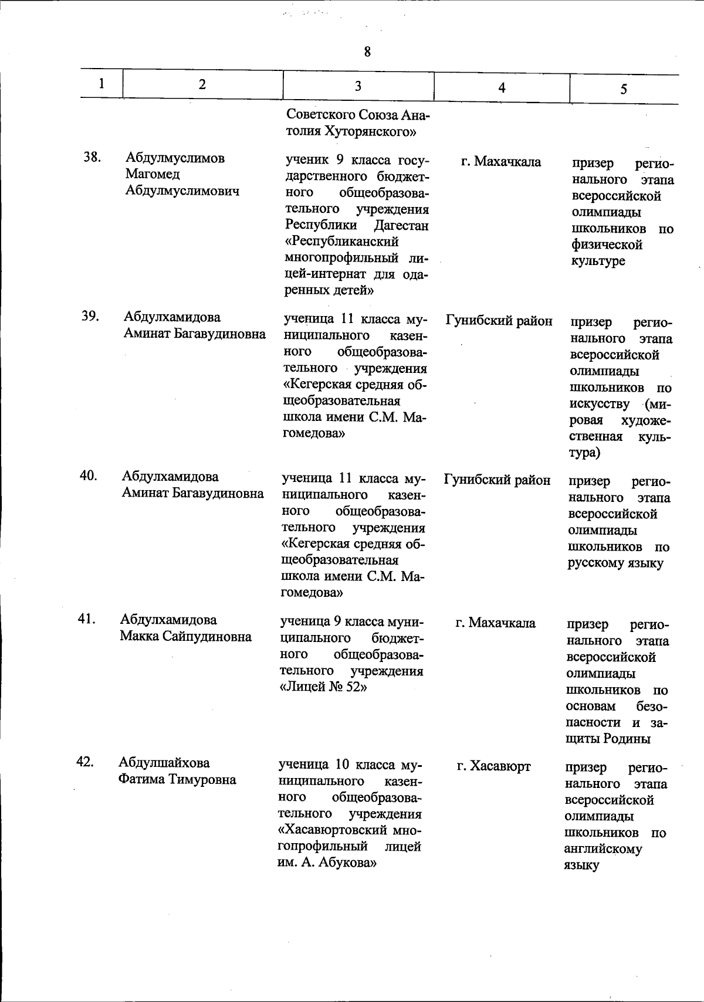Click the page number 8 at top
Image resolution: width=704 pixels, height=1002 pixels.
[x=367, y=52]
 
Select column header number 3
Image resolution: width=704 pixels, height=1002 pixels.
[x=357, y=86]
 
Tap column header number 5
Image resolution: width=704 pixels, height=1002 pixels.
[x=624, y=89]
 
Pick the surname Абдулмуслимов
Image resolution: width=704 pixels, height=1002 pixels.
[x=175, y=158]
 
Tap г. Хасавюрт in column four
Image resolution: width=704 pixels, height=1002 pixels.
[x=494, y=766]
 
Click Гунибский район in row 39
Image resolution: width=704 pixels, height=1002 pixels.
[x=499, y=321]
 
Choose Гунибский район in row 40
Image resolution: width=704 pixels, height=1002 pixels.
[x=497, y=480]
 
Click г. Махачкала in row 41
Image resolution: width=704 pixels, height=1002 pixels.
[x=496, y=623]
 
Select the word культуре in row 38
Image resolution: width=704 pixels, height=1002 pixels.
[x=598, y=261]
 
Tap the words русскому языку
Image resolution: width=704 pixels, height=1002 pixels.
[x=614, y=563]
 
